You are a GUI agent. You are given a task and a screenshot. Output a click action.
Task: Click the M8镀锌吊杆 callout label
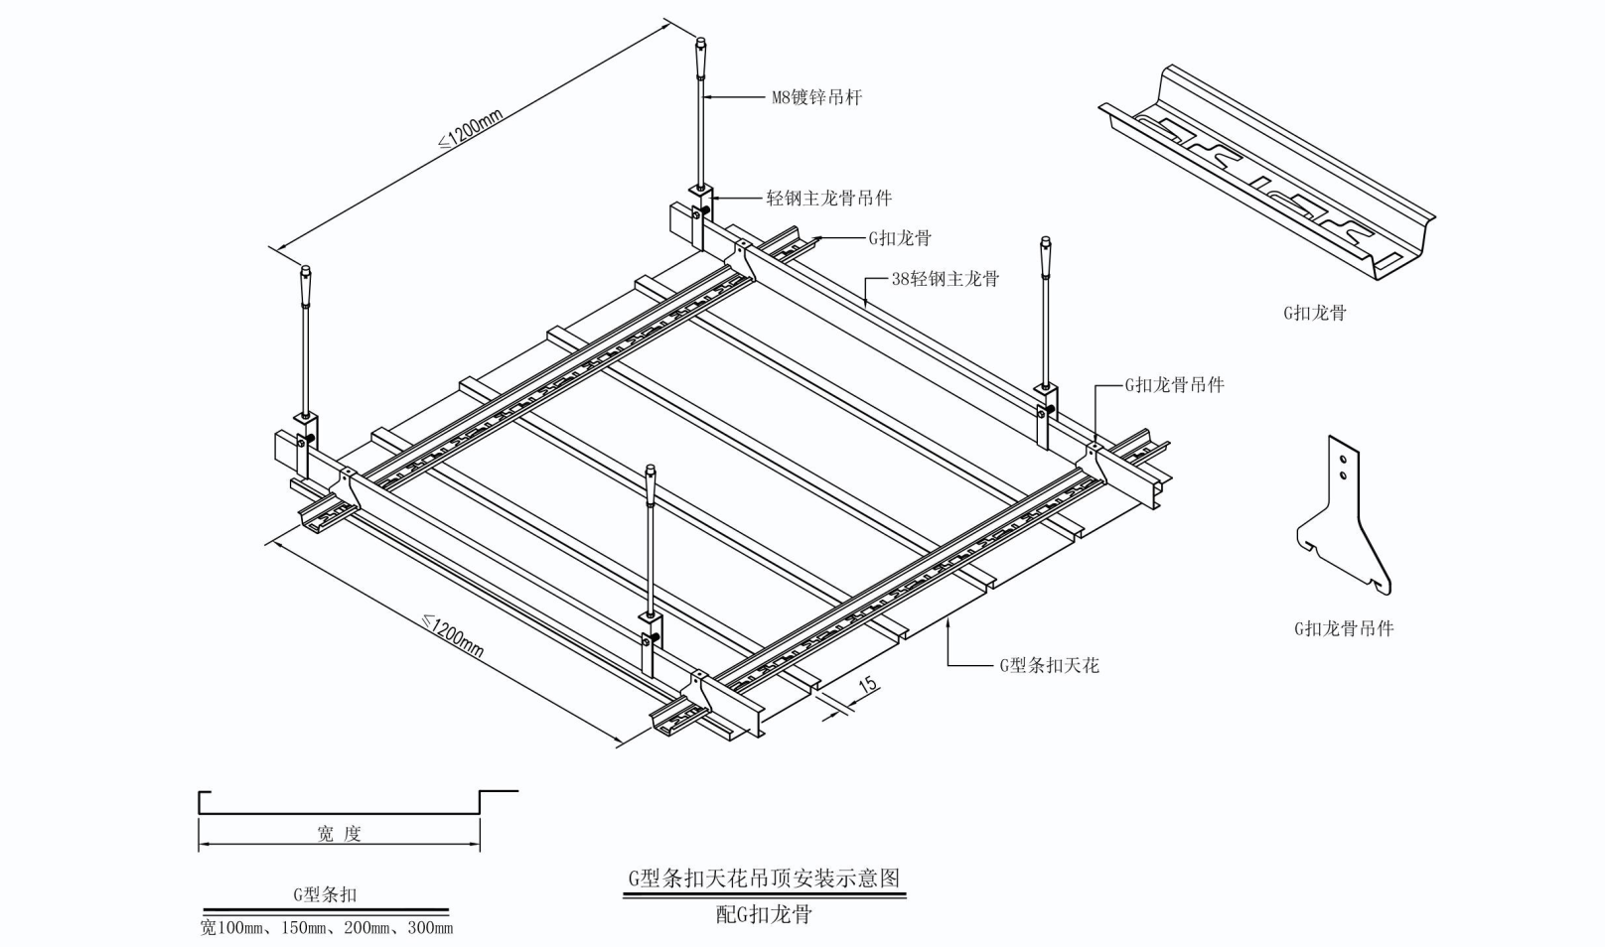(816, 97)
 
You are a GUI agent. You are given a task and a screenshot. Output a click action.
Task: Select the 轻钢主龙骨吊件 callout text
(828, 199)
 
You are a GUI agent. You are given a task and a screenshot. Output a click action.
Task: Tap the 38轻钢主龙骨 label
(945, 279)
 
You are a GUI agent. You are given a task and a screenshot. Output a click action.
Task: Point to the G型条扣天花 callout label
(1049, 665)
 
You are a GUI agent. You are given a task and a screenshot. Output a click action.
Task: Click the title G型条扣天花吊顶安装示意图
(764, 879)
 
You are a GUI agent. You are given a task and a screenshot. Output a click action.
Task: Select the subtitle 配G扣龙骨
(764, 914)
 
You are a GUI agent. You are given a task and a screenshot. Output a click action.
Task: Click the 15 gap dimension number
(867, 684)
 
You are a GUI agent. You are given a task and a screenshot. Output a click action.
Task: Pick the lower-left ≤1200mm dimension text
(454, 636)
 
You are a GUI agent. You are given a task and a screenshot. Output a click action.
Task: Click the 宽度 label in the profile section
(339, 834)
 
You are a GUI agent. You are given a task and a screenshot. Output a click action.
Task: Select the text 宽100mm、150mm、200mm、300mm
(326, 928)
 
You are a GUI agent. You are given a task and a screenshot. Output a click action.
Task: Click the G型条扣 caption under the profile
(325, 894)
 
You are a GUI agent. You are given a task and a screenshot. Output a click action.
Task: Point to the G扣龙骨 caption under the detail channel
(1314, 313)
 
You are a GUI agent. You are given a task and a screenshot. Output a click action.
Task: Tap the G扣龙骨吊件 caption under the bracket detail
(1343, 628)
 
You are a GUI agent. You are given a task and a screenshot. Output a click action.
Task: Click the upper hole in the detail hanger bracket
(1343, 460)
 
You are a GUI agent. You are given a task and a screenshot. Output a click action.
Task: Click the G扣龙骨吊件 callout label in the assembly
(1174, 385)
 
